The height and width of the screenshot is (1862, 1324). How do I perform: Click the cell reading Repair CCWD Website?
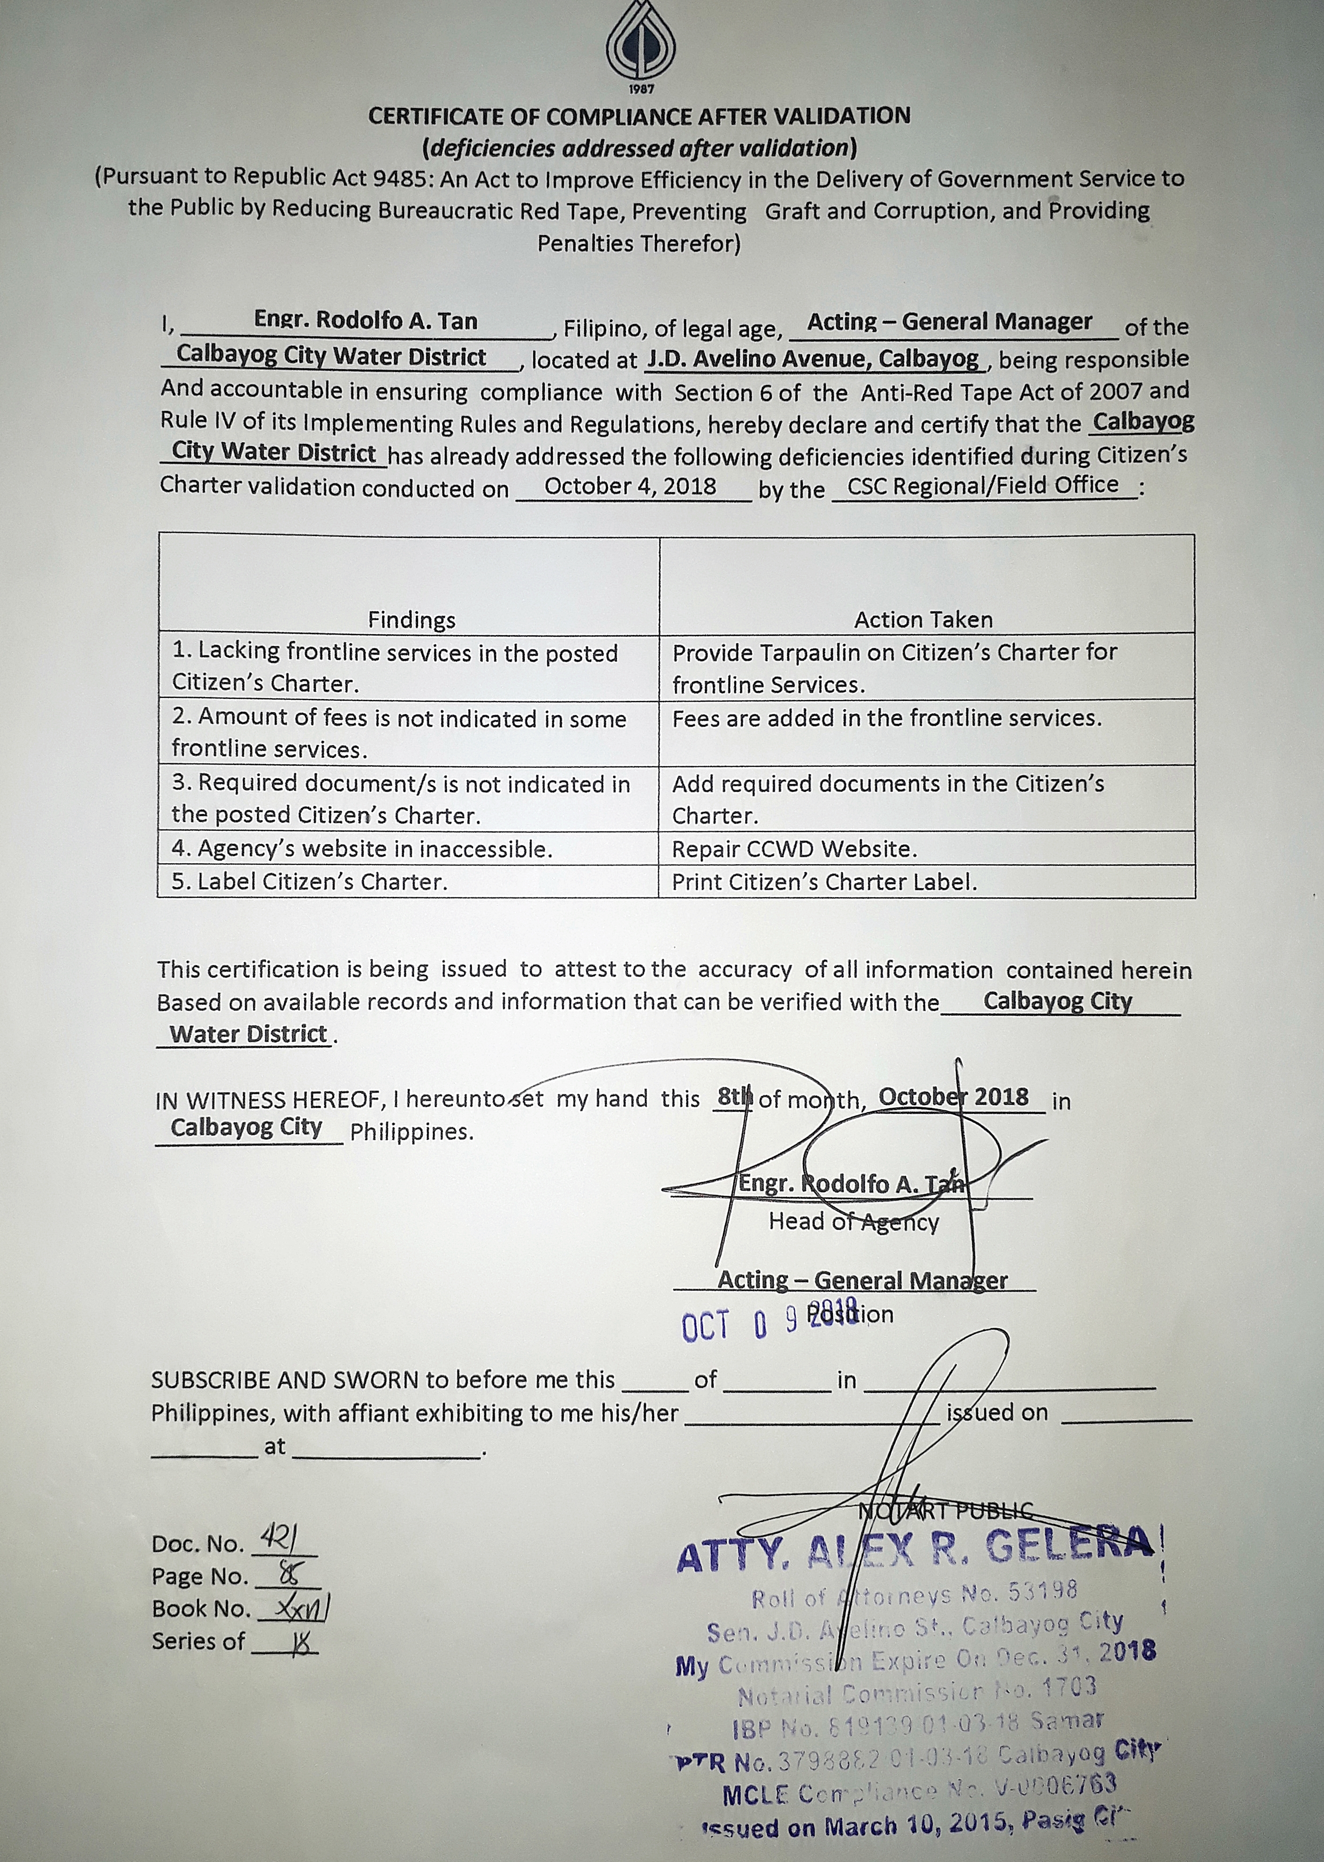(x=794, y=849)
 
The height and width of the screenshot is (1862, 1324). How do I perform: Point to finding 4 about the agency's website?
(x=362, y=849)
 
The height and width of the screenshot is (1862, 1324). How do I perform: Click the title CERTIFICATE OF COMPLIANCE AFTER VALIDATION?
(x=639, y=116)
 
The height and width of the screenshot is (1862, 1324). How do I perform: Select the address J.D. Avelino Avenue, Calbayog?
(x=815, y=359)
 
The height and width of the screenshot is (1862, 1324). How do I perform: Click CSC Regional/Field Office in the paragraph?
(x=982, y=486)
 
